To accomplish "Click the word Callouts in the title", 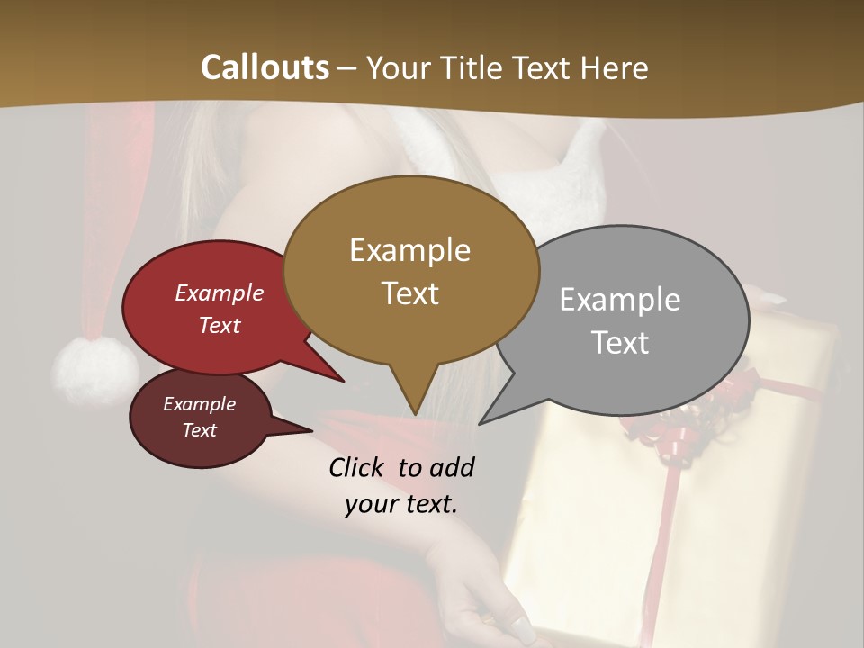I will coord(265,67).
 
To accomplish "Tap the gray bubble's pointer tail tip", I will coord(480,423).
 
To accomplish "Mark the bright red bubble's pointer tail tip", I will coord(343,381).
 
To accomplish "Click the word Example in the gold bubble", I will coord(409,250).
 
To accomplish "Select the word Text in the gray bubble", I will coord(620,342).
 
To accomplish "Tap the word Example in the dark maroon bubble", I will coord(199,404).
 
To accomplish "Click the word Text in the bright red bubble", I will coord(220,325).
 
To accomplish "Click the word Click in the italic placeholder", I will coord(357,467).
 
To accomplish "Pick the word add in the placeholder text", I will coord(452,467).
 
